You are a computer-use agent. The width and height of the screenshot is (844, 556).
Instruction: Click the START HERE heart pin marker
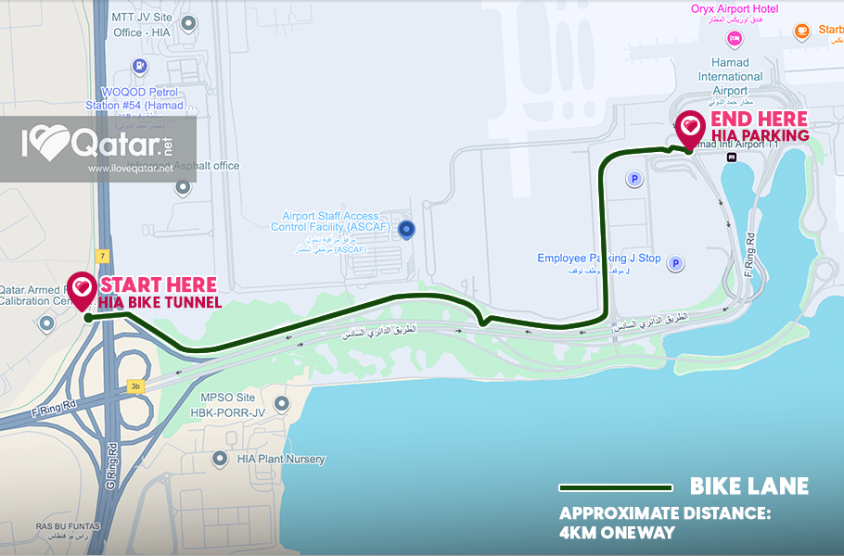(x=83, y=288)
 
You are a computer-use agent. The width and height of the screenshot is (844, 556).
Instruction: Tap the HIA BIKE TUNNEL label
(x=160, y=302)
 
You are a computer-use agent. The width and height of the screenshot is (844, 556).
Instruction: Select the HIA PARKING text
(x=759, y=136)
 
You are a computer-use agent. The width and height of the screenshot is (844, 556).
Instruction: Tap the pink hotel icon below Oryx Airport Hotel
(x=735, y=38)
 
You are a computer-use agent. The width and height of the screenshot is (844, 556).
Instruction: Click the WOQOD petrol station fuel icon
(x=139, y=66)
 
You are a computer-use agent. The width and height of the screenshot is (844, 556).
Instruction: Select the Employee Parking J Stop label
(x=599, y=259)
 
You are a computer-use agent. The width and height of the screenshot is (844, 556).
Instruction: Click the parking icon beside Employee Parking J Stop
(x=676, y=263)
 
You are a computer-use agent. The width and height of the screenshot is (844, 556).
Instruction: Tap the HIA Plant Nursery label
(x=281, y=459)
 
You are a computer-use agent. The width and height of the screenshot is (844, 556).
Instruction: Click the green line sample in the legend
(x=615, y=487)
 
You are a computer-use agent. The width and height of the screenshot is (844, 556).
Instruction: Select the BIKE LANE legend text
(x=749, y=486)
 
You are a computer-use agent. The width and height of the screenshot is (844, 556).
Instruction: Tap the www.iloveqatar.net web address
(x=131, y=169)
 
